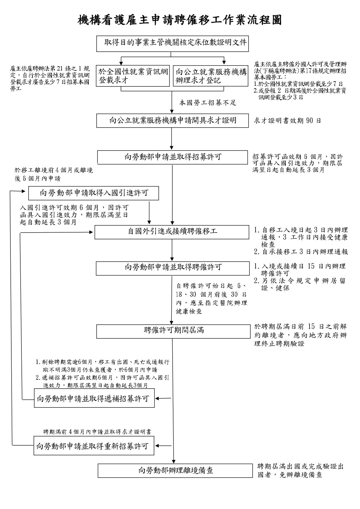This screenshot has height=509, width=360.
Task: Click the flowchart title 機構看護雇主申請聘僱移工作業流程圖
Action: (x=180, y=20)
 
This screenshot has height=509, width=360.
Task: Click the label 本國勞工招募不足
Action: (x=208, y=103)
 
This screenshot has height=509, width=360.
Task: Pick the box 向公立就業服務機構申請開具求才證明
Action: (x=172, y=120)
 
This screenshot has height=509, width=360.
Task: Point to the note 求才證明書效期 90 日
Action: (x=287, y=121)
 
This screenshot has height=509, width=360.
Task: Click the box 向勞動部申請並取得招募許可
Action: (x=172, y=157)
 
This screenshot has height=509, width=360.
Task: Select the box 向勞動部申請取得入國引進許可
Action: (x=93, y=193)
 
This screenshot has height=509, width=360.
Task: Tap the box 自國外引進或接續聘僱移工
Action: (x=172, y=232)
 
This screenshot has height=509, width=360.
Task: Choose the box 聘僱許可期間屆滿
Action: (x=173, y=331)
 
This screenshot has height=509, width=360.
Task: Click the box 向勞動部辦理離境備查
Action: (x=175, y=470)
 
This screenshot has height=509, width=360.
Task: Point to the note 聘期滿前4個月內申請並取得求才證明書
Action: (x=97, y=432)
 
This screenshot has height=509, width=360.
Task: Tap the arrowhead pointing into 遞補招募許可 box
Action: (x=157, y=398)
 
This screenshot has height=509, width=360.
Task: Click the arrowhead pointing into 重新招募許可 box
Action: (x=157, y=446)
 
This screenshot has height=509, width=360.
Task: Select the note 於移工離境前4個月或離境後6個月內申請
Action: (x=54, y=174)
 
